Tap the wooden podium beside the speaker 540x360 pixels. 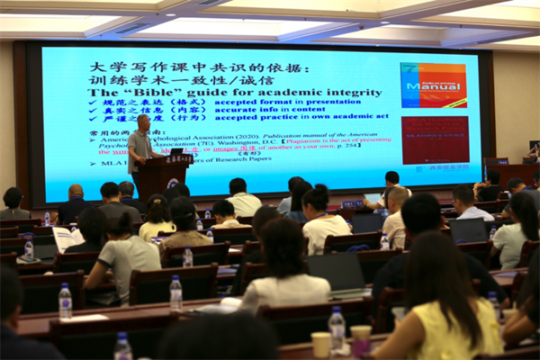pyautogui.click(x=163, y=176)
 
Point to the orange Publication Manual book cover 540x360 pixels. pyautogui.click(x=433, y=85)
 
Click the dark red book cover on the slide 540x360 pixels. pyautogui.click(x=434, y=139)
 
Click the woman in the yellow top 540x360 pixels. pyautogui.click(x=441, y=306)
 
